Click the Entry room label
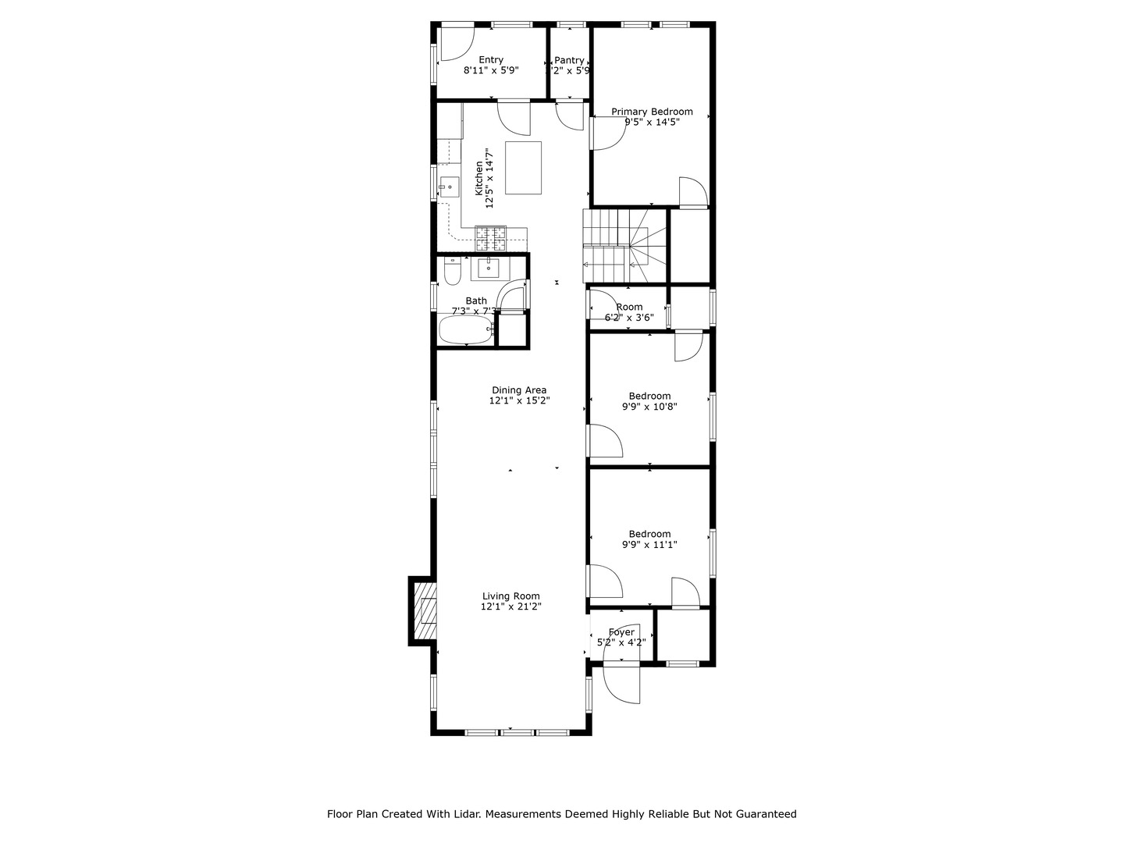tap(491, 60)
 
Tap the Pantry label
tap(569, 60)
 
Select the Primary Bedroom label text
tap(652, 112)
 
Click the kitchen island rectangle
tap(523, 167)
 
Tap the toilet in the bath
tap(452, 272)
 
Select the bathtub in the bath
tap(467, 329)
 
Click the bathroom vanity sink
tap(489, 268)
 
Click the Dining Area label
tap(519, 390)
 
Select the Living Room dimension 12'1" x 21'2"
tap(511, 606)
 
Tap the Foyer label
tap(621, 632)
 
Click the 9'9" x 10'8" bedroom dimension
tap(649, 407)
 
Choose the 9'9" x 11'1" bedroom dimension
tap(649, 545)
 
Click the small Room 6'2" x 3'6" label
tap(629, 308)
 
